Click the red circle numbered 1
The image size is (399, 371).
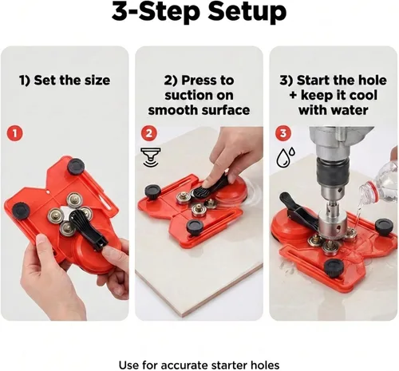[14, 133]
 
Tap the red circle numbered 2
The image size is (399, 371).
[149, 133]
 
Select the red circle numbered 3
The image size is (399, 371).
[283, 133]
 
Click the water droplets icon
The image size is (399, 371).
[286, 157]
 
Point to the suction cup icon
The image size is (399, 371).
[151, 157]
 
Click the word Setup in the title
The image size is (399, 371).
[247, 13]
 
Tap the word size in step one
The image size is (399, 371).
[97, 80]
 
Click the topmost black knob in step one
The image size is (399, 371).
[76, 167]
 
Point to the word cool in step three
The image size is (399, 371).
[362, 95]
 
